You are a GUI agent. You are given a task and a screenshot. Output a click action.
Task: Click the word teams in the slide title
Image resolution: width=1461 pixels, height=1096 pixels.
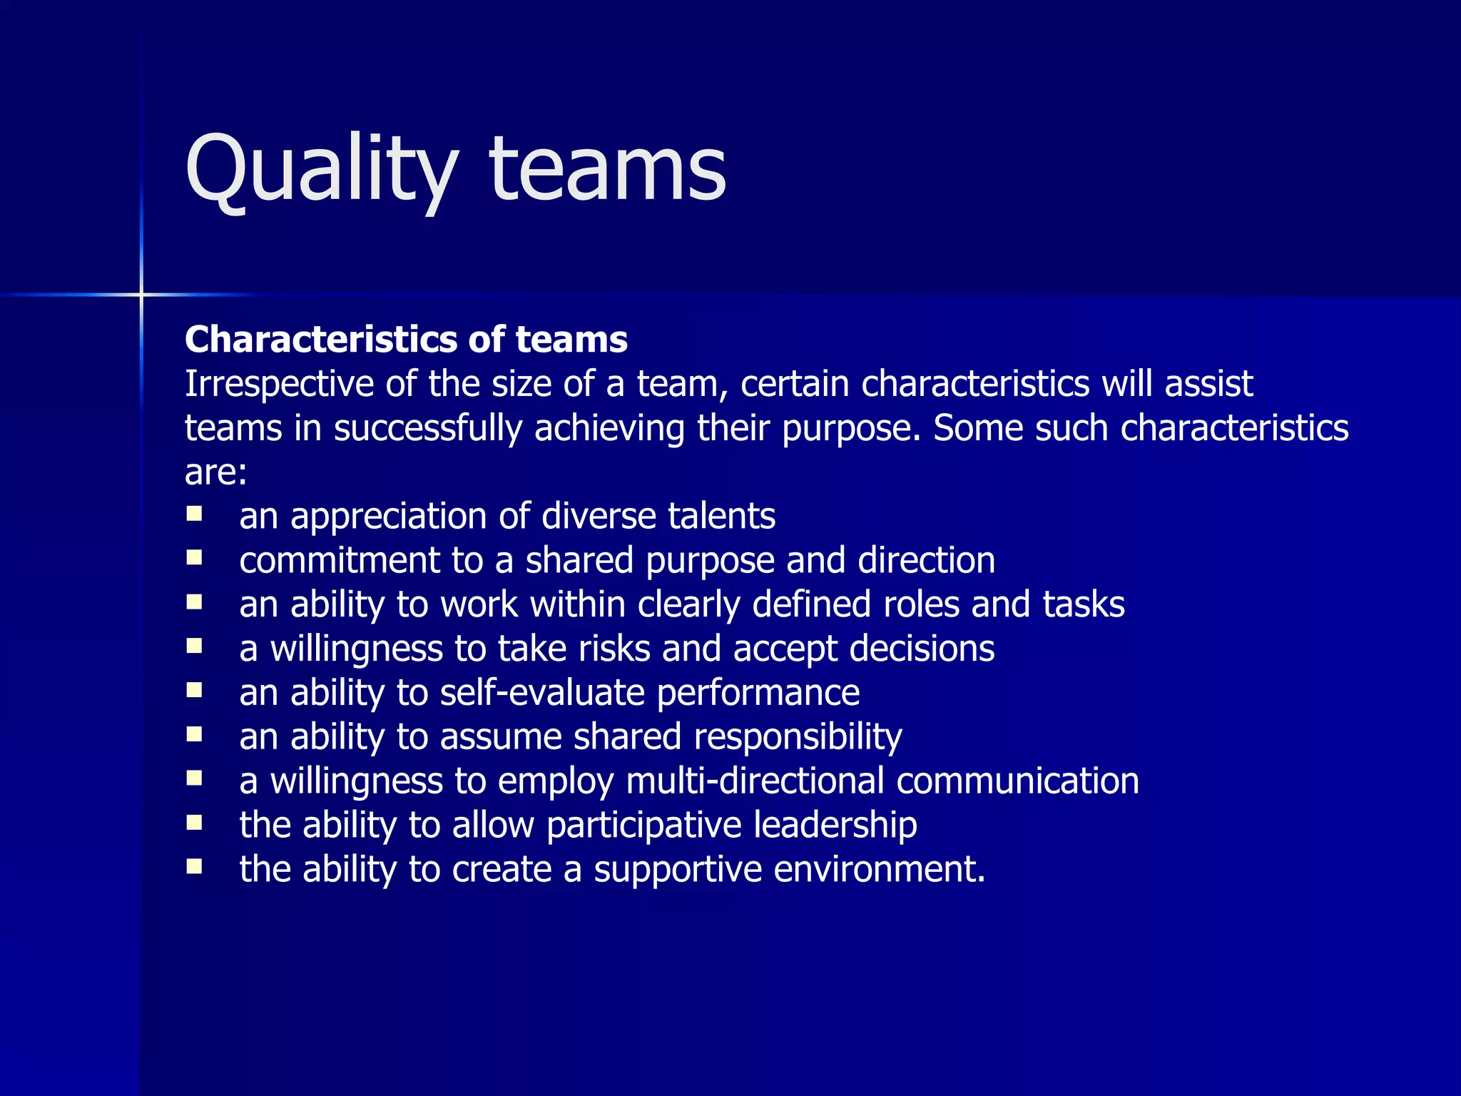[x=607, y=171]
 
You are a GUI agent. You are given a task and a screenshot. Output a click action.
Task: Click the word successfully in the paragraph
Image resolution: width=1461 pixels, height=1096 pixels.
[x=428, y=429]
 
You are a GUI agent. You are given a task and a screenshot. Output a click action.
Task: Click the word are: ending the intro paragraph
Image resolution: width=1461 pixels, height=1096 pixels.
[x=215, y=473]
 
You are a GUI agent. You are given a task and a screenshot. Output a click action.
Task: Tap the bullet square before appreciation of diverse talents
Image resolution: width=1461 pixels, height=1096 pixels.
[x=194, y=514]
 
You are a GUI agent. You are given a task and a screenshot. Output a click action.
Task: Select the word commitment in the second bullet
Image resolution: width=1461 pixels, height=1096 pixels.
[x=340, y=560]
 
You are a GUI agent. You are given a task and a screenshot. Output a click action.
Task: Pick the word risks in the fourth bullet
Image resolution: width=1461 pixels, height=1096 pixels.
[x=614, y=649]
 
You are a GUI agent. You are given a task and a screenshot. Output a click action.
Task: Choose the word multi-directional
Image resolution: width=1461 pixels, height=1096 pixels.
[x=755, y=781]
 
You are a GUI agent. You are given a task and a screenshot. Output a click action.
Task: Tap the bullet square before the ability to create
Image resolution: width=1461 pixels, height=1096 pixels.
[x=194, y=866]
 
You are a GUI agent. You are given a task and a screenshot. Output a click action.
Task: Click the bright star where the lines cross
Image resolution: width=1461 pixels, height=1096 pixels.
[x=141, y=294]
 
